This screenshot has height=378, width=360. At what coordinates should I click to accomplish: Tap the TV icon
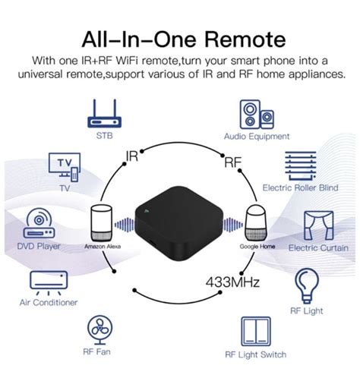[67, 165]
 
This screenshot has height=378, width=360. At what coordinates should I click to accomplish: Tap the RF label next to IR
[232, 161]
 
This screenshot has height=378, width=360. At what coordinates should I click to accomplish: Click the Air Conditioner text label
[49, 302]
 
